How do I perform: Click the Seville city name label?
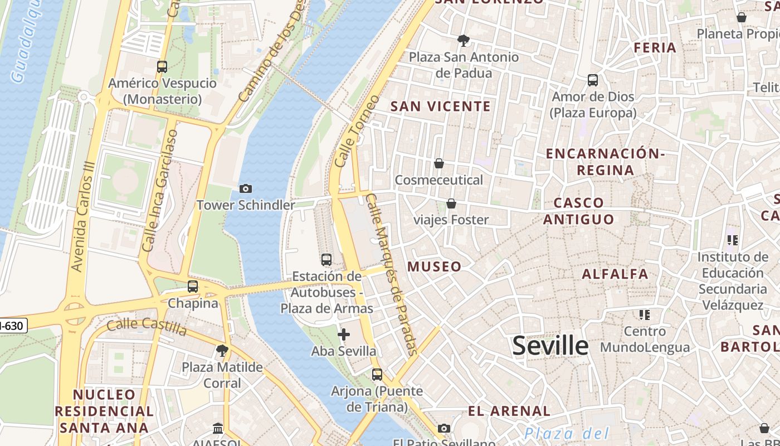(550, 346)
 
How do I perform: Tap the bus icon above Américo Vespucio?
(162, 67)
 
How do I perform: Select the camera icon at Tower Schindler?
(245, 189)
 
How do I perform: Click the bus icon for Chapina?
(193, 287)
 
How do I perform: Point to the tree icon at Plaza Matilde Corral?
(222, 351)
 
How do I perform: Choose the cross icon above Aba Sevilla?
(344, 334)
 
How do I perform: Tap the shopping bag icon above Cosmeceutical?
(439, 163)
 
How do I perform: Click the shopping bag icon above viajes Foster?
(451, 203)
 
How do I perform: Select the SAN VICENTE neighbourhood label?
(441, 106)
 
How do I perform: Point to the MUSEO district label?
(435, 266)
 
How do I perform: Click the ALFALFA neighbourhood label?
(615, 274)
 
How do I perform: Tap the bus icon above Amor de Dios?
(593, 80)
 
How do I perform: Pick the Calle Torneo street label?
(358, 132)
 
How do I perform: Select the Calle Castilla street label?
(147, 327)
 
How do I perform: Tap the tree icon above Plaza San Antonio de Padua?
(463, 40)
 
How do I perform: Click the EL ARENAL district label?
(509, 411)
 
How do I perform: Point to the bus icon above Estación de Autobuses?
(326, 260)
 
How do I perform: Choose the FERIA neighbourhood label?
(655, 48)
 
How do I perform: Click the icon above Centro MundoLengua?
(645, 315)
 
